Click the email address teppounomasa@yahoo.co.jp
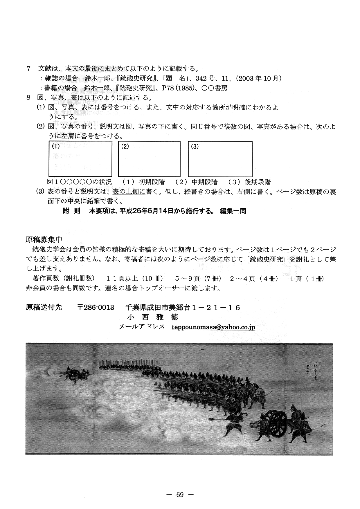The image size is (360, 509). click(x=213, y=327)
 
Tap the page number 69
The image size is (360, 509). click(x=180, y=495)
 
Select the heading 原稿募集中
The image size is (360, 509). click(x=44, y=240)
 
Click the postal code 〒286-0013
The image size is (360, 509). click(x=96, y=308)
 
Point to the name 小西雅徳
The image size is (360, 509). click(x=152, y=317)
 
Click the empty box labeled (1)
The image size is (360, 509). click(x=80, y=159)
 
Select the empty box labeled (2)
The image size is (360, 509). click(x=149, y=159)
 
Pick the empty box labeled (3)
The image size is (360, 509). click(x=220, y=159)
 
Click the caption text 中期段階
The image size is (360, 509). click(x=204, y=182)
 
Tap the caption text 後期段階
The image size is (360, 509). click(x=258, y=182)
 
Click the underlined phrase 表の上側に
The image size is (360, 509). click(x=129, y=192)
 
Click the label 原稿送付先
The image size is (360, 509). click(x=44, y=308)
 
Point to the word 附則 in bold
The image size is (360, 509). click(x=71, y=211)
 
